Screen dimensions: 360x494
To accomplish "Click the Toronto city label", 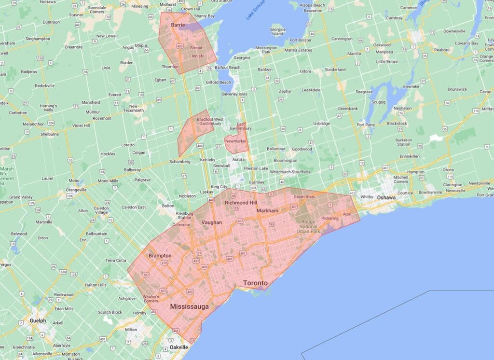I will [255, 283].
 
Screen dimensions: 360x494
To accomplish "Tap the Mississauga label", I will [189, 306].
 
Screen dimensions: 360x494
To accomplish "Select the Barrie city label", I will [178, 25].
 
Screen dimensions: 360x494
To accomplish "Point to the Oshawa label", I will [386, 197].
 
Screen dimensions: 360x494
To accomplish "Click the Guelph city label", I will [38, 320].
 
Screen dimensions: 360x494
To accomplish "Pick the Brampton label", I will [160, 255].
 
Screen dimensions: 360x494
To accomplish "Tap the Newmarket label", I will [235, 141].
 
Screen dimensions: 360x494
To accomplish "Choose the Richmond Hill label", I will [241, 203].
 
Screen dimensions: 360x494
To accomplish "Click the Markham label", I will [268, 211].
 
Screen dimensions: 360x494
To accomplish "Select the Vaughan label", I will [212, 222].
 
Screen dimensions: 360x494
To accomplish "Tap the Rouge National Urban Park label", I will [308, 226].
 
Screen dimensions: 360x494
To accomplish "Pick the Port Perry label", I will [366, 125].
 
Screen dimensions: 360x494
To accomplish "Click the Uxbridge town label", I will [321, 123].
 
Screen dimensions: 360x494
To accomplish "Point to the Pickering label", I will [330, 218].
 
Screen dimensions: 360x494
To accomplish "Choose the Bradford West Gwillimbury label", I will [210, 121].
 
